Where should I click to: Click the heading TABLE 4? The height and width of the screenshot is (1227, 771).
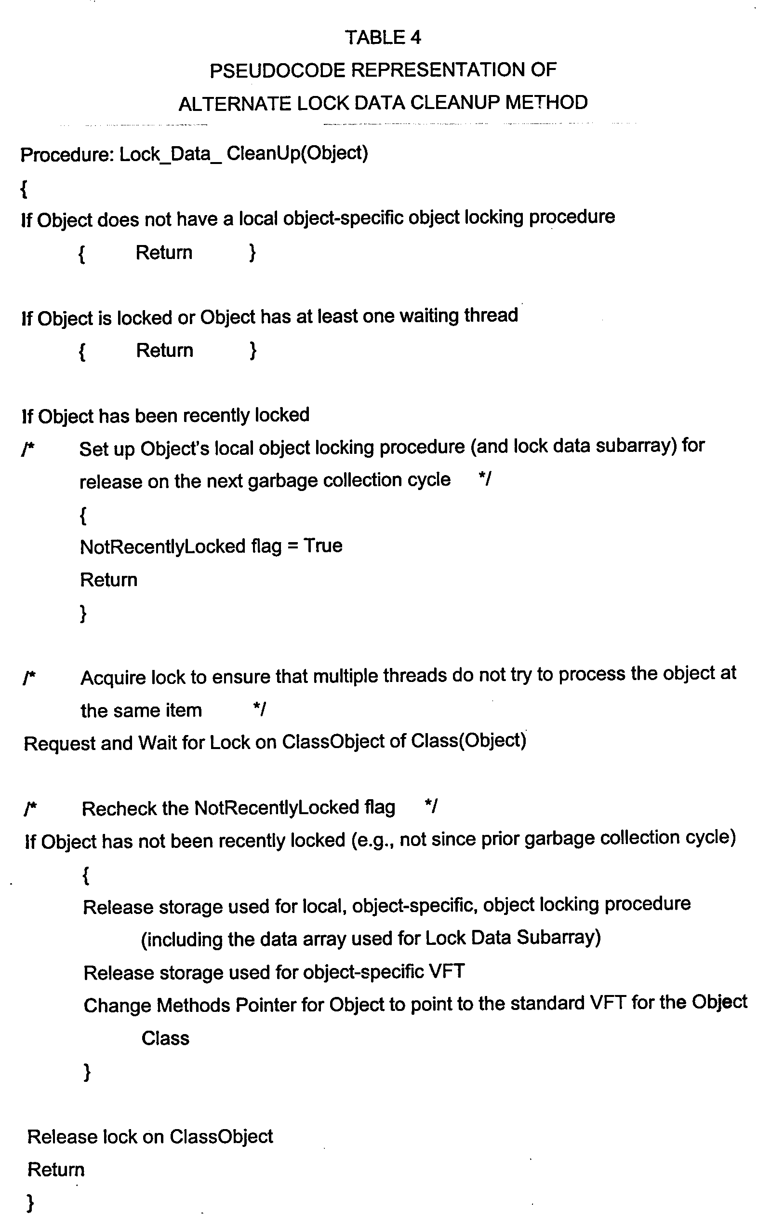(x=383, y=38)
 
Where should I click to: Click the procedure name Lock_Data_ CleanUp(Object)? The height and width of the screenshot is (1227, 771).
(x=243, y=153)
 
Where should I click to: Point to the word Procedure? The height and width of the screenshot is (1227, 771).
(x=66, y=154)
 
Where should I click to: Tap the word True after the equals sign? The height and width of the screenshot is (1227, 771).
(x=323, y=545)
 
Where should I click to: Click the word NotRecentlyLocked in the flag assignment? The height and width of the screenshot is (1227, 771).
(x=163, y=547)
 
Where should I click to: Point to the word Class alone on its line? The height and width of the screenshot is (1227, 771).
(x=165, y=1038)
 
